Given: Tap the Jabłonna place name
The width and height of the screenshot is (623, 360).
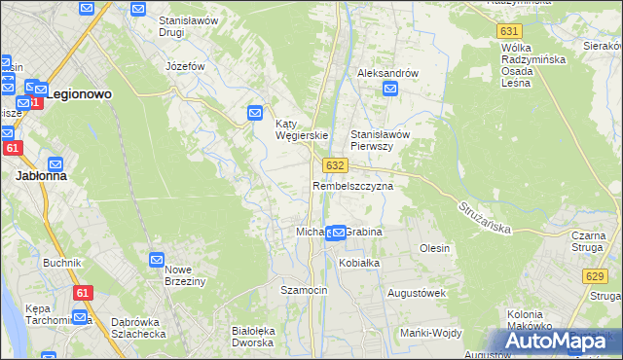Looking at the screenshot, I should [40, 177].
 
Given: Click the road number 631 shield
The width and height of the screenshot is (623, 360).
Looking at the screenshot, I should [508, 31].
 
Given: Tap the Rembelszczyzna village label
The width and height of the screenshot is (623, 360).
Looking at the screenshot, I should [352, 185].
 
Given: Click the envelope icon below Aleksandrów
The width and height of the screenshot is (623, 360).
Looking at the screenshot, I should [390, 90].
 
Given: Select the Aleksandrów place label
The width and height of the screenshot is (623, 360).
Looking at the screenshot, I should [387, 73].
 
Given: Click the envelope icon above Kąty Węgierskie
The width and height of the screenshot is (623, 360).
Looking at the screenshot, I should [255, 113].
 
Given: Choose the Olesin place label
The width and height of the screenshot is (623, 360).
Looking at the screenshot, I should [434, 248].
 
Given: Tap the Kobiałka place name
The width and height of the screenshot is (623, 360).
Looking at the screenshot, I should [358, 263].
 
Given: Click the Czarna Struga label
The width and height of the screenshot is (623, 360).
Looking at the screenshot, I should [589, 241].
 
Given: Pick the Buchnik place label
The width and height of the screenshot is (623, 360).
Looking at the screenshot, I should [61, 263].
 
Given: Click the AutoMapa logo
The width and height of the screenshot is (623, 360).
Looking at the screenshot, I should [563, 341].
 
